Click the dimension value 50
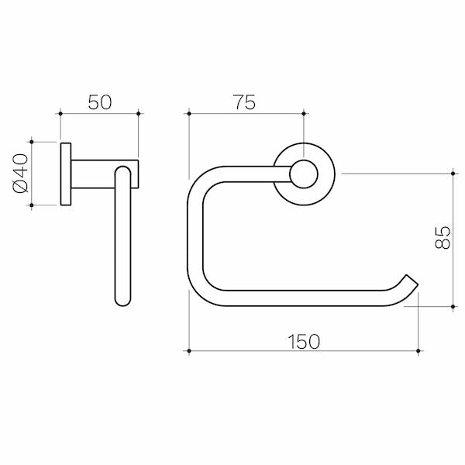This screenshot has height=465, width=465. tap(99, 102)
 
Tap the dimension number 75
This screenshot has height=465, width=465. tap(245, 102)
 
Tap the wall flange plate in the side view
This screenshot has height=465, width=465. tap(66, 174)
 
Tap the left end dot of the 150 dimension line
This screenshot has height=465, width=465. tap(188, 351)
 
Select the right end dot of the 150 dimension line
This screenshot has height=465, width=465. tap(418, 351)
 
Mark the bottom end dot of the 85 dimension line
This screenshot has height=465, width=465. tap(453, 307)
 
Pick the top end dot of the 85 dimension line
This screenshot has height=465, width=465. tap(453, 173)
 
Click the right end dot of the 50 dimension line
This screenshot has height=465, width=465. tap(139, 113)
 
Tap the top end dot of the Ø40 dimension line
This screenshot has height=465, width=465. tap(31, 142)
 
